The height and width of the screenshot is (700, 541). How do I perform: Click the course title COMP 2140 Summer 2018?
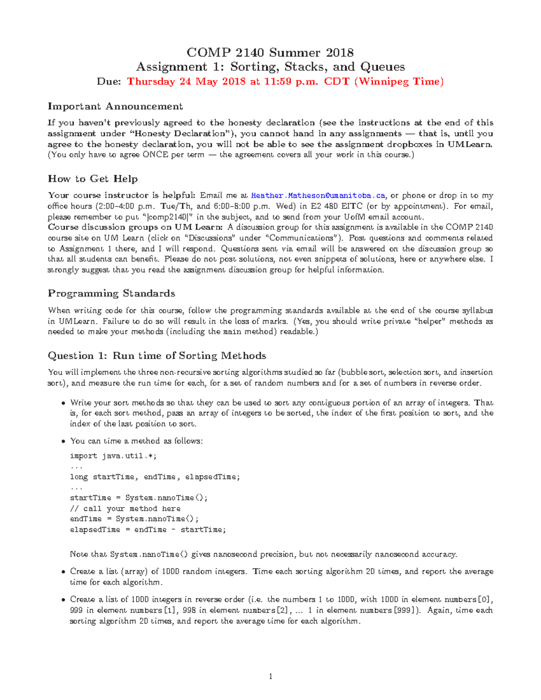click(x=270, y=53)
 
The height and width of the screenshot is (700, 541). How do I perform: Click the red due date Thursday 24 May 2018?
click(x=187, y=82)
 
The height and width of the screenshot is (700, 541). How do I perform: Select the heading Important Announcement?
click(x=115, y=106)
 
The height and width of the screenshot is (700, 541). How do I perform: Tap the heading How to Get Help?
click(x=92, y=179)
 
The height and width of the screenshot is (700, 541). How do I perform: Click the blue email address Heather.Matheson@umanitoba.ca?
click(x=318, y=196)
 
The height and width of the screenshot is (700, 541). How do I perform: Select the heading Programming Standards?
click(x=111, y=293)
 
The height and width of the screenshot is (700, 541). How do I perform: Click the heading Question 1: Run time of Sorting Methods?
click(x=157, y=356)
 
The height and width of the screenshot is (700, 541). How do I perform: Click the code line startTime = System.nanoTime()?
click(x=138, y=498)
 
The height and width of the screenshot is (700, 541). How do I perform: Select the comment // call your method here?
click(x=125, y=508)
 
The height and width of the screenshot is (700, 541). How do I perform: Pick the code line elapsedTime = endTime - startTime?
click(x=147, y=530)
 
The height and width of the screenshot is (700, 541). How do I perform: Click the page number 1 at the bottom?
click(x=270, y=676)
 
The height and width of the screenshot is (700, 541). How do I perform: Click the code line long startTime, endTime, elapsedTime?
click(x=155, y=477)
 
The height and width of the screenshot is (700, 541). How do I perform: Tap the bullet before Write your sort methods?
click(x=63, y=403)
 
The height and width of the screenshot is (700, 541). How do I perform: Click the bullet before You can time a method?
click(x=63, y=441)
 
